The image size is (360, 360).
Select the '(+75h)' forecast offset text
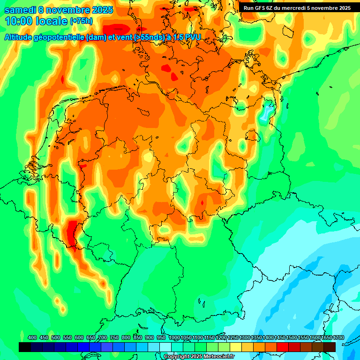pyautogui.click(x=81, y=21)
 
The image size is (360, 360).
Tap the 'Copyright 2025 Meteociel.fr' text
pyautogui.click(x=199, y=356)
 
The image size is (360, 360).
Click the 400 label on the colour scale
pyautogui.click(x=32, y=337)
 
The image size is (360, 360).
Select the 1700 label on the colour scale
pyautogui.click(x=338, y=337)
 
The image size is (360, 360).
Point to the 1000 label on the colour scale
pyautogui.click(x=174, y=337)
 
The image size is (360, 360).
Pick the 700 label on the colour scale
pyautogui.click(x=103, y=337)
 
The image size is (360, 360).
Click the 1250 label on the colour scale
pyautogui.click(x=233, y=337)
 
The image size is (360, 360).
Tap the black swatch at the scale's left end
pyautogui.click(x=25, y=347)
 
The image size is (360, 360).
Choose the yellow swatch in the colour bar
pyautogui.click(x=236, y=347)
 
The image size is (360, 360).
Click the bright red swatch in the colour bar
pyautogui.click(x=283, y=347)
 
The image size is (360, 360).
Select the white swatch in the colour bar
pyautogui.click(x=165, y=347)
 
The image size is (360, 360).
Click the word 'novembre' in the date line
pyautogui.click(x=72, y=9)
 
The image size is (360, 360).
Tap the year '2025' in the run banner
pyautogui.click(x=341, y=7)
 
